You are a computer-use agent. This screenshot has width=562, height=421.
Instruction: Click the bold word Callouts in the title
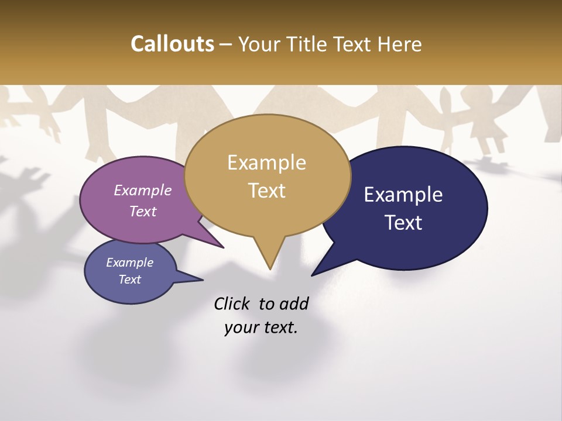tap(172, 44)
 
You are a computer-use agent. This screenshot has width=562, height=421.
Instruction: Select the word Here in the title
tap(400, 44)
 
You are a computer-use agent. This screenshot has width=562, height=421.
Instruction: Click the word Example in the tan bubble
tap(266, 163)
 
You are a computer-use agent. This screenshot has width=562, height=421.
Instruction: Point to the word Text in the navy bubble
tap(403, 223)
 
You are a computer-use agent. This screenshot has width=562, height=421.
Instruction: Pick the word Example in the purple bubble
tap(142, 191)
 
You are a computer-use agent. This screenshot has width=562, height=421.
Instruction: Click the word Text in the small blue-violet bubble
tap(129, 279)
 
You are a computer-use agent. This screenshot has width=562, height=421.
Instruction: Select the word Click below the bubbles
tap(232, 303)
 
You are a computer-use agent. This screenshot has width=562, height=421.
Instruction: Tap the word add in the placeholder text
tap(293, 303)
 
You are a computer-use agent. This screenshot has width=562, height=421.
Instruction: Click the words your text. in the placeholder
tap(261, 328)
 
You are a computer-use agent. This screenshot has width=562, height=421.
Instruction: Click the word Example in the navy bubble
tap(403, 195)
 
